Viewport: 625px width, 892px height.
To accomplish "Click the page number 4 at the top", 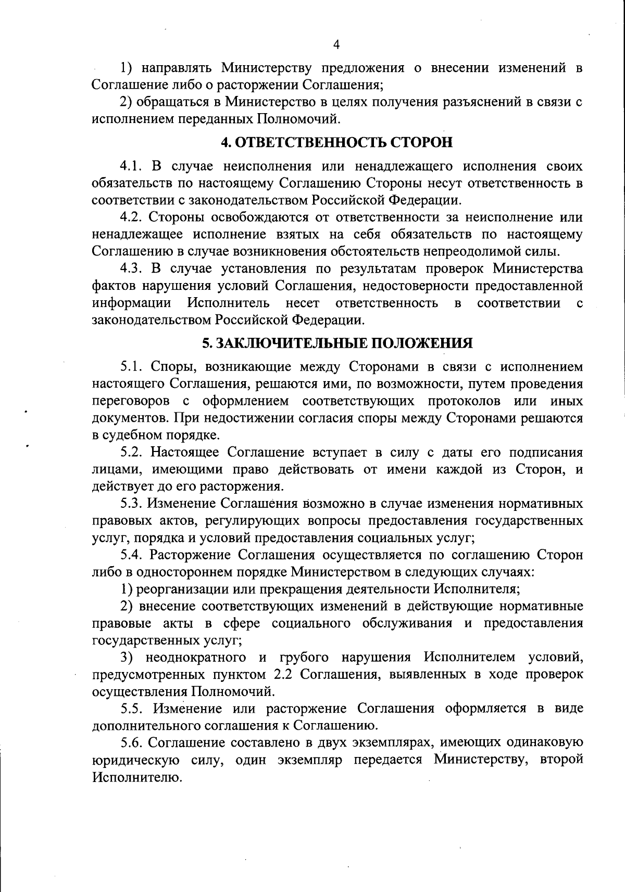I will (x=336, y=45).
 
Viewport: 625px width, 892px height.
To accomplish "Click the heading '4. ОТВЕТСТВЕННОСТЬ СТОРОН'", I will (x=337, y=142).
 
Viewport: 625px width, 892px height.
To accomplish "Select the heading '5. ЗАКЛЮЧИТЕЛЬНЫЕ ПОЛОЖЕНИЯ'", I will (x=337, y=343).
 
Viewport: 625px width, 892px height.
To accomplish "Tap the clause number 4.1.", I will (x=132, y=166).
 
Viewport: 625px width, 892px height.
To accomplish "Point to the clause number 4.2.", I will (x=132, y=217).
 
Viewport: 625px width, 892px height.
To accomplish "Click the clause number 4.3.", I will (x=132, y=268).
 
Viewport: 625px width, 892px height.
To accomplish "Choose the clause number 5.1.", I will (x=132, y=366).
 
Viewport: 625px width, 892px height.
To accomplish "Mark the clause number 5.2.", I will (x=132, y=452).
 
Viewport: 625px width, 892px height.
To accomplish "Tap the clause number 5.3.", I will (x=132, y=504).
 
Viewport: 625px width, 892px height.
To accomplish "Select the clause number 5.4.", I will (x=132, y=555).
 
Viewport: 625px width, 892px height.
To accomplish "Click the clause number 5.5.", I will (x=132, y=708).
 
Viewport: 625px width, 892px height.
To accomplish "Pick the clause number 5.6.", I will (x=132, y=742).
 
